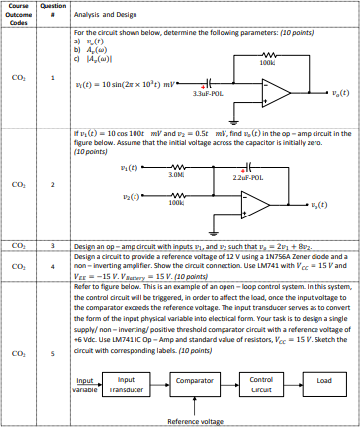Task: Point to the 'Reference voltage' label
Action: pos(195,421)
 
